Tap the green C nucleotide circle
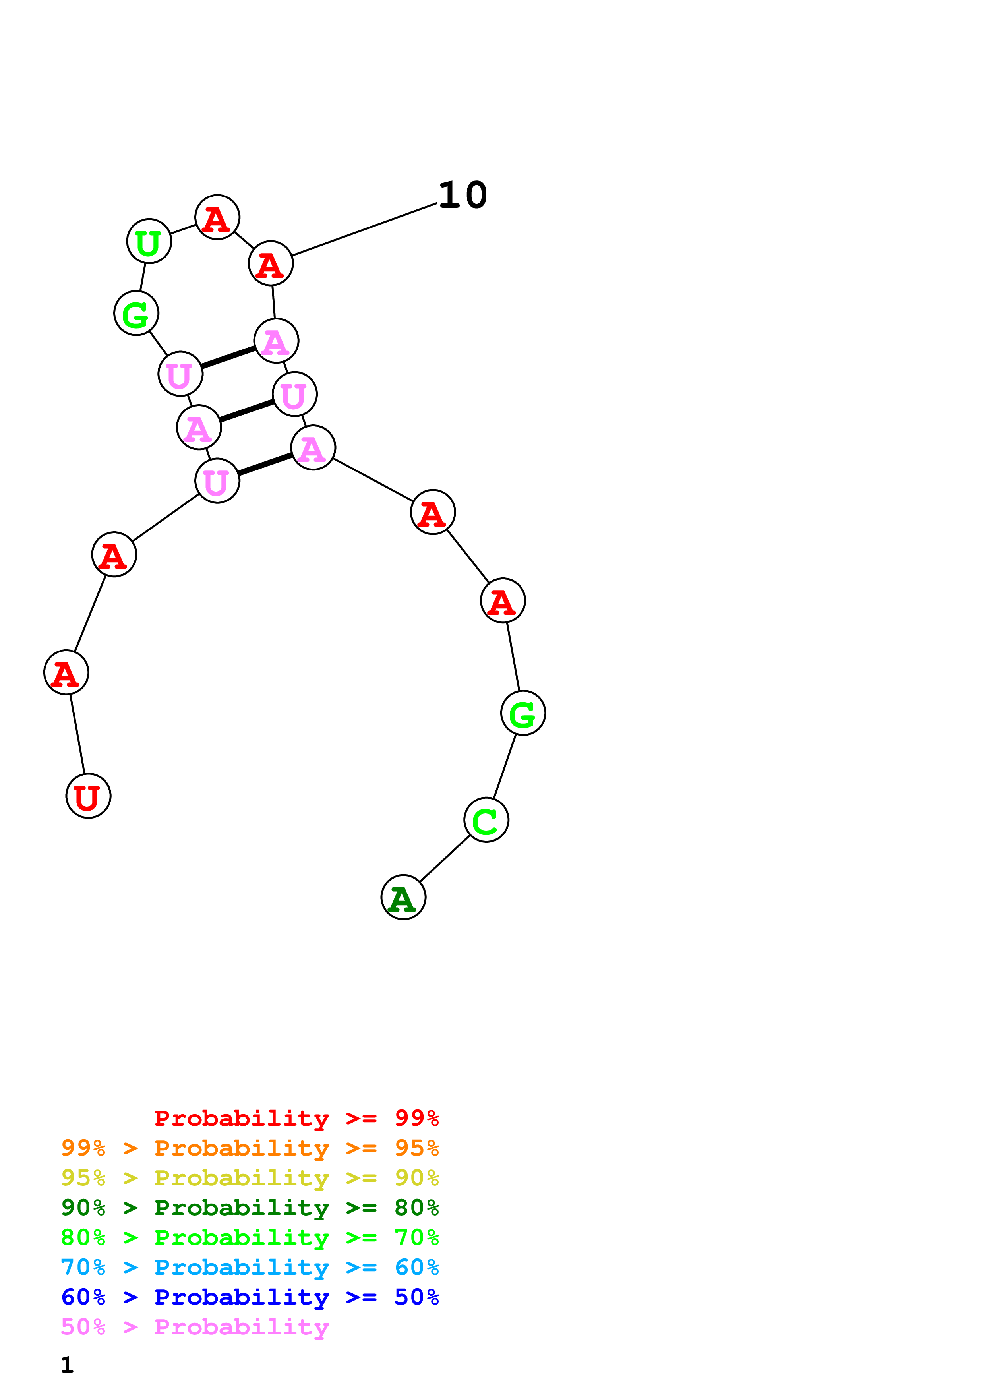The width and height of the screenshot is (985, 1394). point(486,820)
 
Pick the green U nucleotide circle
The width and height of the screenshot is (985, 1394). point(149,241)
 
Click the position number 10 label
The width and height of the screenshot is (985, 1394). point(463,196)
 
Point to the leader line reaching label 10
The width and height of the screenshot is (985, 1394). point(364,230)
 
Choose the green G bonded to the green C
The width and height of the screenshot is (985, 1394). point(522,713)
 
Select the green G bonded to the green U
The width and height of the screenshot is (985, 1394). point(136,313)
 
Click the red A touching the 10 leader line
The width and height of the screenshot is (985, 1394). point(271,263)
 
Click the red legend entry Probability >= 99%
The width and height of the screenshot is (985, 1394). point(296,1118)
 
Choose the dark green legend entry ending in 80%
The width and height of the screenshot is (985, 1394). point(250,1208)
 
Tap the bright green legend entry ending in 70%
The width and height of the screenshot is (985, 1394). point(250,1237)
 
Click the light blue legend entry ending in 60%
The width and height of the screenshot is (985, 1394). point(250,1267)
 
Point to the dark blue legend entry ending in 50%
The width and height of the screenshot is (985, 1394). point(250,1297)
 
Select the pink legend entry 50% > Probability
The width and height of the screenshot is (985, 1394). point(195,1327)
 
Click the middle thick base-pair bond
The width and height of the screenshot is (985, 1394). point(246,410)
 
